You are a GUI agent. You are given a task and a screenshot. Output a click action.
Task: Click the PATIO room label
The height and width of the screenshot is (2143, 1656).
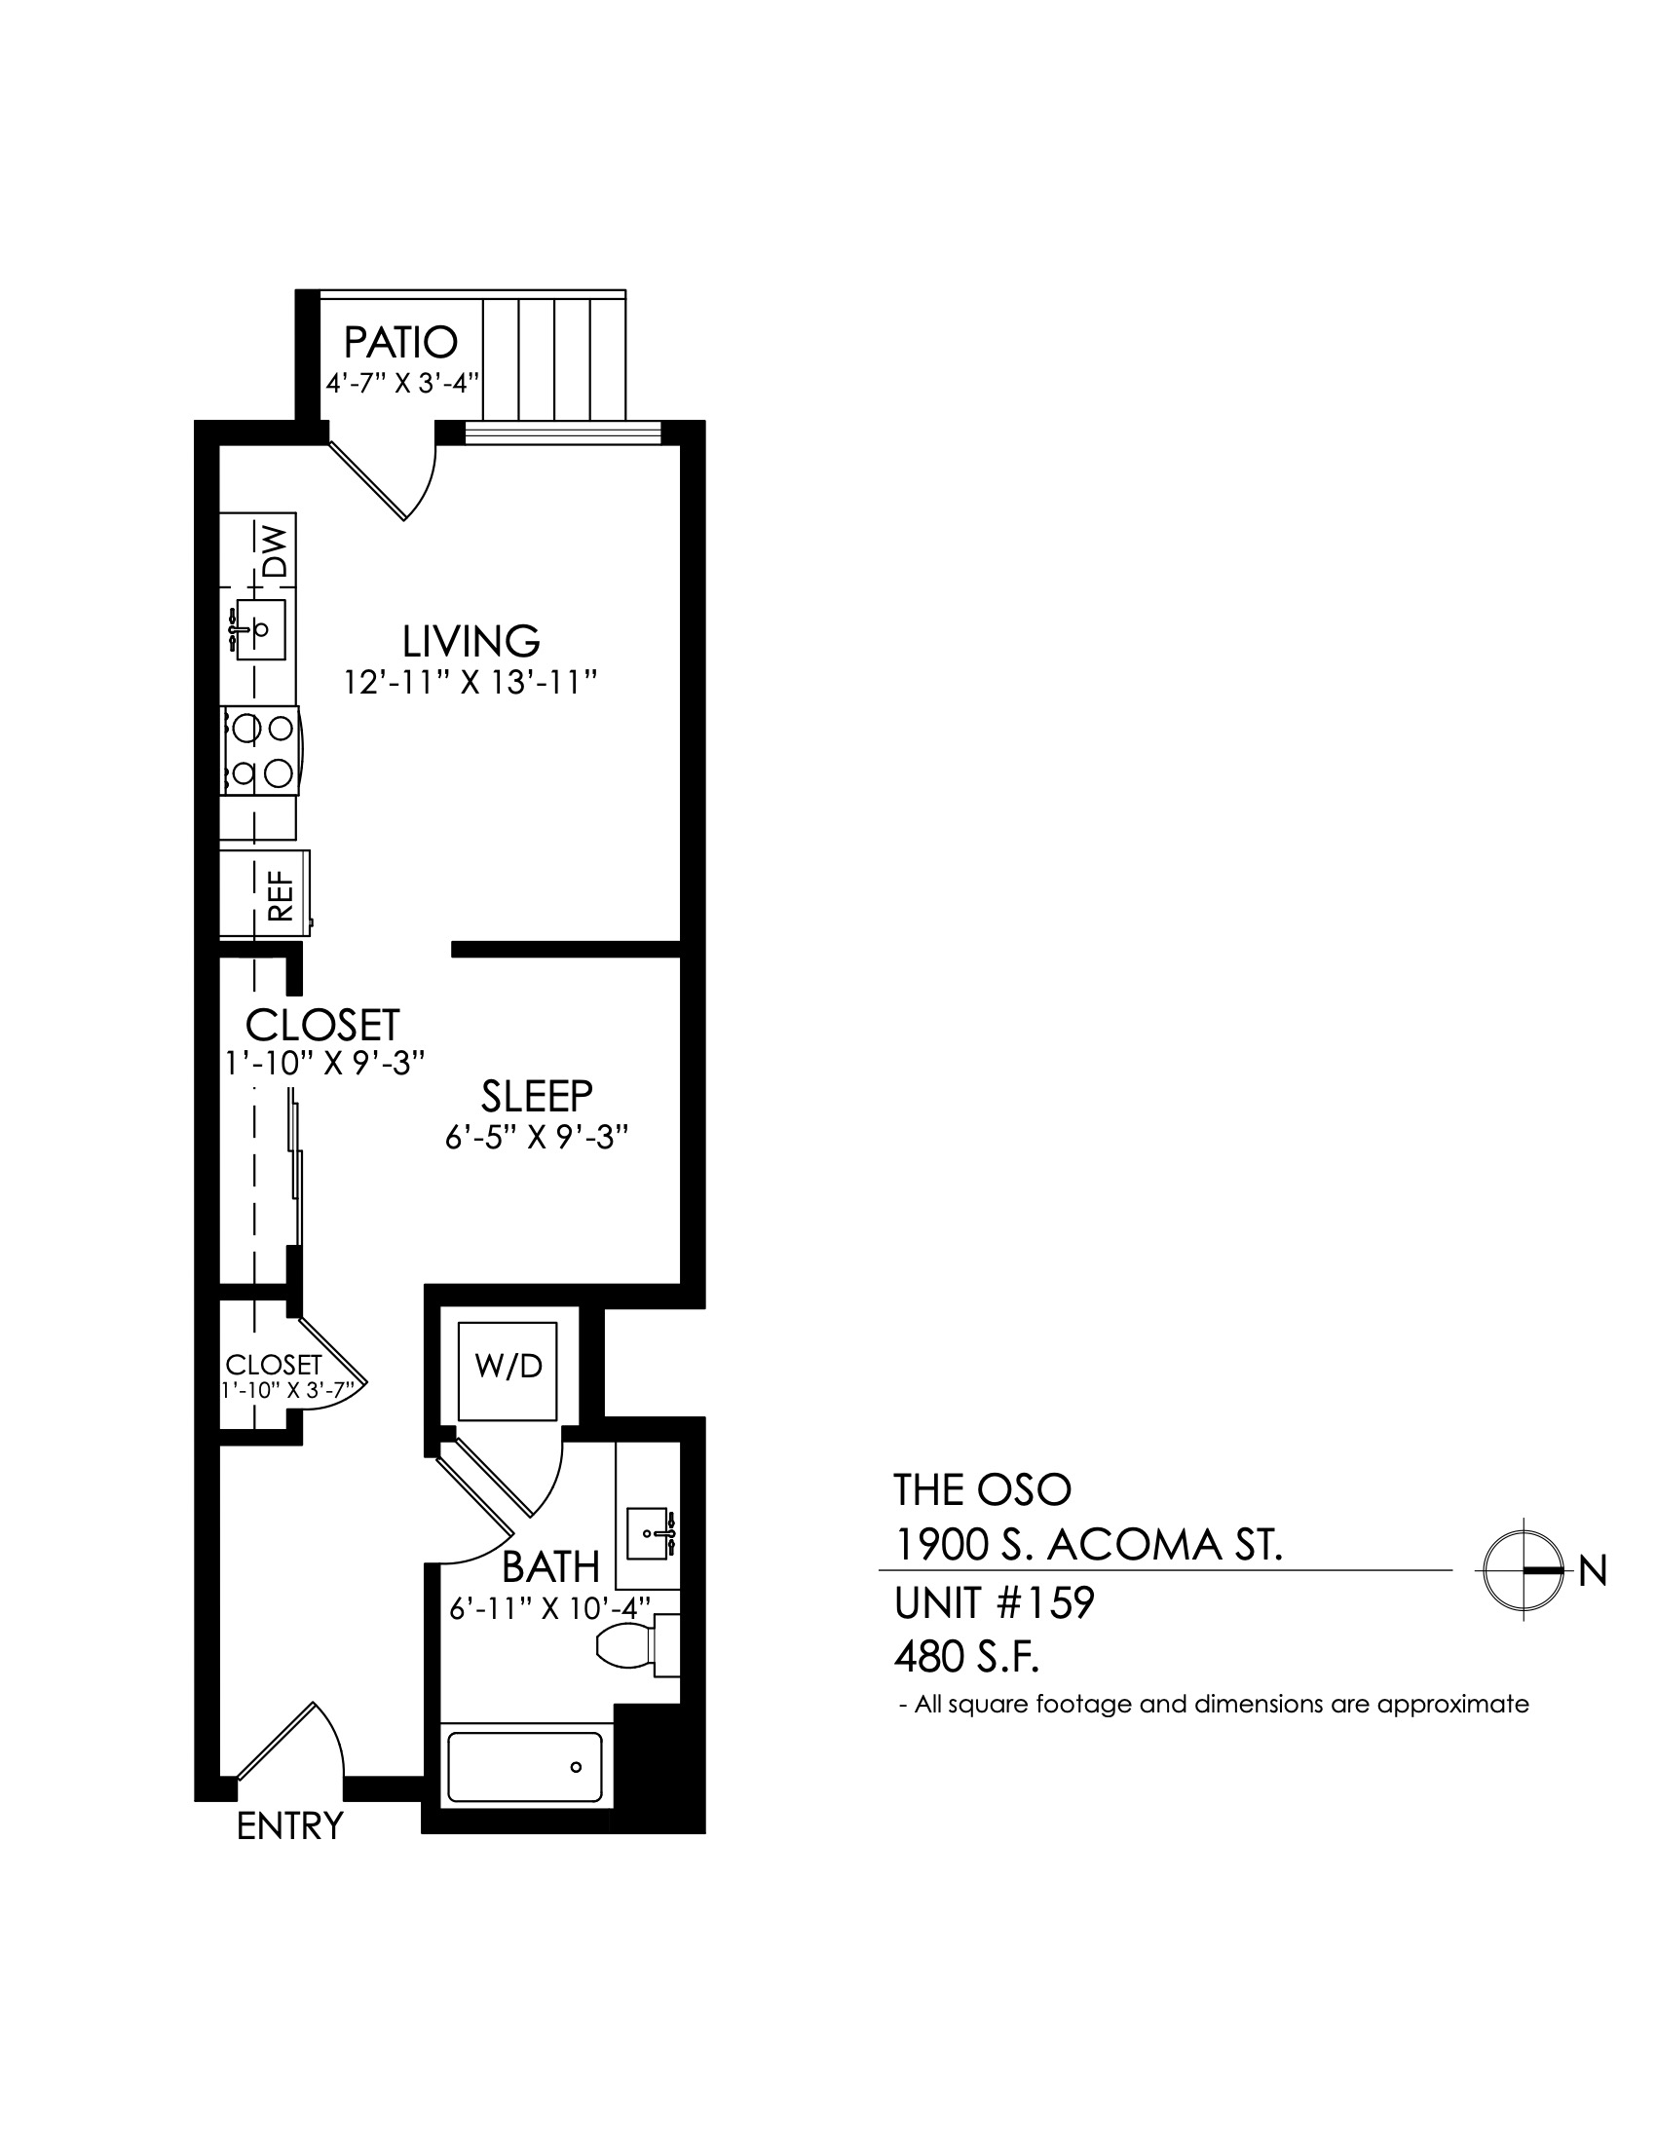[400, 343]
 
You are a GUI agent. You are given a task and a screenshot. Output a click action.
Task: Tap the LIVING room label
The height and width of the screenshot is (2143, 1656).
[470, 641]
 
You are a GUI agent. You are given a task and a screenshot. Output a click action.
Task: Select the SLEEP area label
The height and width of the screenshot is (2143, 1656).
[537, 1095]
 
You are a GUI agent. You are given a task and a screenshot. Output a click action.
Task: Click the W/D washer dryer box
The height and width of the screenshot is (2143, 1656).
[508, 1371]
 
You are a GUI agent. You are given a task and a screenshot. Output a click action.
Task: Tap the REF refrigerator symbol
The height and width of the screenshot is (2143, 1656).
[265, 893]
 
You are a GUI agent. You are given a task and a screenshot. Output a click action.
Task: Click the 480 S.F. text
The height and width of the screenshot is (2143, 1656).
[966, 1658]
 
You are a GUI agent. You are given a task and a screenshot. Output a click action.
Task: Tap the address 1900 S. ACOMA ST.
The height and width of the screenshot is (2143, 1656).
[1089, 1547]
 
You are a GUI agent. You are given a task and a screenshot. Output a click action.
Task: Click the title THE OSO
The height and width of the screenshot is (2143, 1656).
[982, 1490]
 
